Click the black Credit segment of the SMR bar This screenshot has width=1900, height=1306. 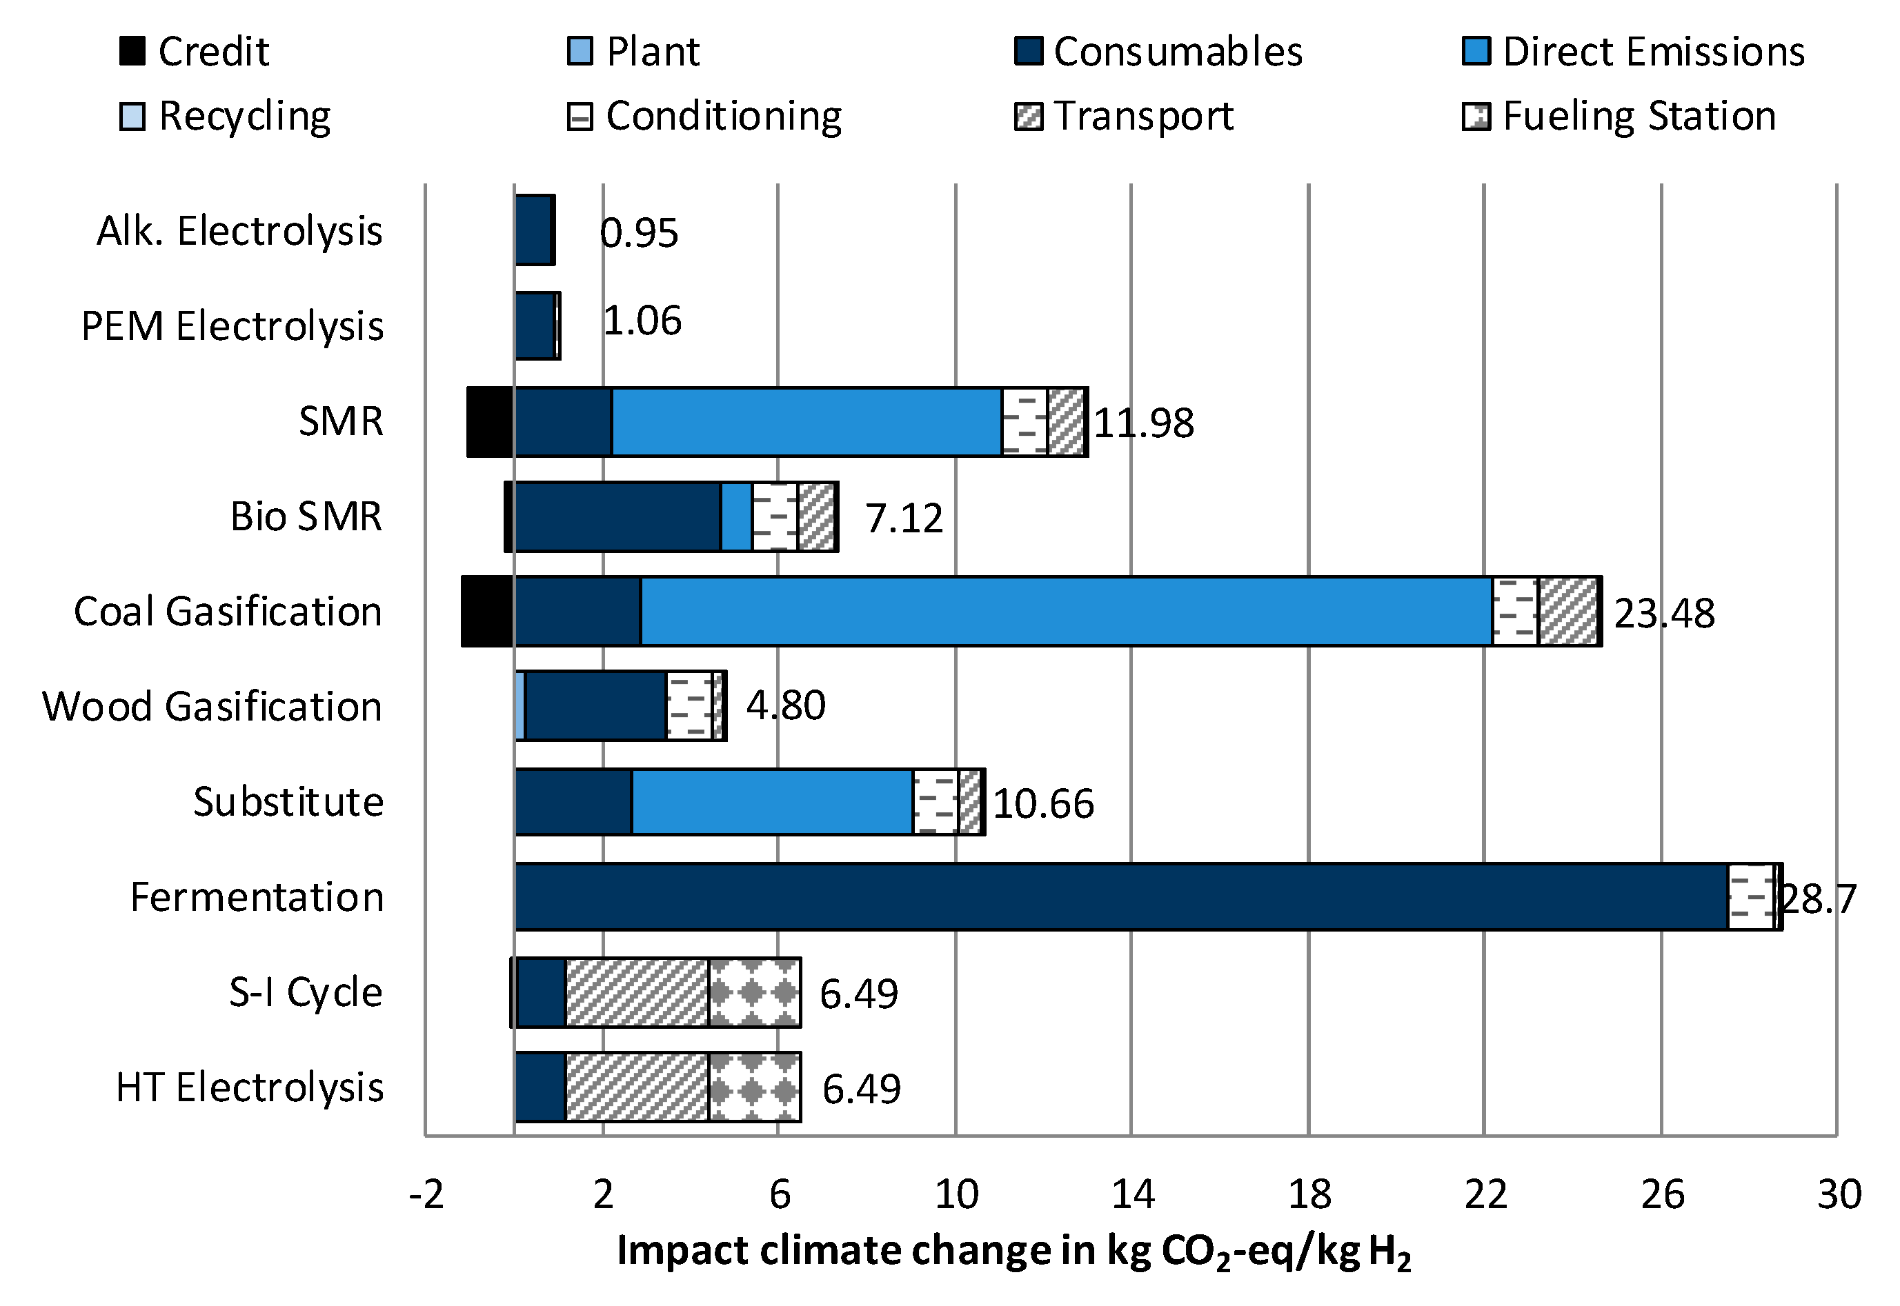pyautogui.click(x=491, y=422)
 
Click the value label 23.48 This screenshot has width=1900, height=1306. pyautogui.click(x=1663, y=614)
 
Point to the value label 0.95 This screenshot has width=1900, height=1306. pyautogui.click(x=639, y=233)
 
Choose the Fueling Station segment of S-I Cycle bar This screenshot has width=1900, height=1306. pyautogui.click(x=754, y=992)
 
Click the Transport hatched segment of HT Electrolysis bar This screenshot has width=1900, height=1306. pyautogui.click(x=636, y=1087)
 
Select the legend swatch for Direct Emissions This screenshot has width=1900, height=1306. pyautogui.click(x=1476, y=52)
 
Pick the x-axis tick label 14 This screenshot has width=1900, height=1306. pyautogui.click(x=1132, y=1196)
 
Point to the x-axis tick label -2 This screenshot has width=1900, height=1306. pyautogui.click(x=426, y=1196)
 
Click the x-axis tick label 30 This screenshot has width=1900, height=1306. pyautogui.click(x=1839, y=1196)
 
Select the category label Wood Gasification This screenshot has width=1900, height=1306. pyautogui.click(x=212, y=707)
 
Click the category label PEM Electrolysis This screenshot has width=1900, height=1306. pyautogui.click(x=232, y=325)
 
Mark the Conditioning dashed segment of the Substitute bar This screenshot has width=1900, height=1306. pyautogui.click(x=935, y=802)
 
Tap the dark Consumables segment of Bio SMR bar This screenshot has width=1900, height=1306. pyautogui.click(x=617, y=517)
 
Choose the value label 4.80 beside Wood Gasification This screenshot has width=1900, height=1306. pyautogui.click(x=785, y=705)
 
